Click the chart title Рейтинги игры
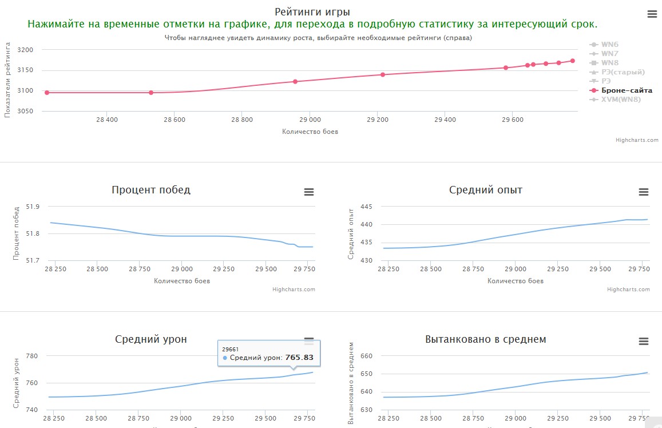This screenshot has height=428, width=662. pos(312,11)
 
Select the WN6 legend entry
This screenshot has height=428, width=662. pos(609,45)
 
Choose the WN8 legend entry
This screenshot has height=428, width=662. pos(609,63)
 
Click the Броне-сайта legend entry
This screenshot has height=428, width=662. pos(627,90)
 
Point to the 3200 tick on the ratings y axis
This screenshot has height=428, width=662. pos(26,50)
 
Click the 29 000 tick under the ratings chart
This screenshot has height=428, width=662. pos(310,120)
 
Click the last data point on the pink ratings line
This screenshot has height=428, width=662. pos(572,61)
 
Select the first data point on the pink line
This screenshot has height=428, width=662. pos(47,93)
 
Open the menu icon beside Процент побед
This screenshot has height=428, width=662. pos(309,192)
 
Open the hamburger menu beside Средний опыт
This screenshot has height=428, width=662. pos(644,192)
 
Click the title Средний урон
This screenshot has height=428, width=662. pos(151,339)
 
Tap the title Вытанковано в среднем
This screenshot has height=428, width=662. pos(486,339)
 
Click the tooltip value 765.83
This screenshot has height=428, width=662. pos(299,358)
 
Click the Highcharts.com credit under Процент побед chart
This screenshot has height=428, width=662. pos(294,290)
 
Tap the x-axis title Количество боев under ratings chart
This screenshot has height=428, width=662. pos(310,132)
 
